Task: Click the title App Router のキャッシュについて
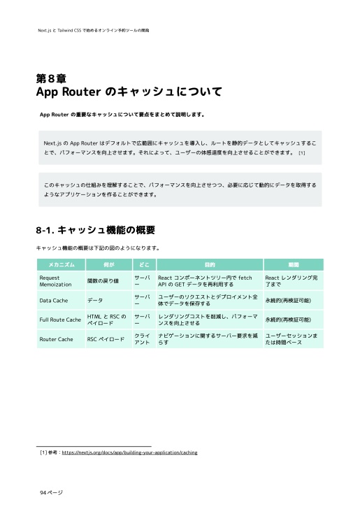point(129,92)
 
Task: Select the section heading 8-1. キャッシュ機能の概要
point(95,230)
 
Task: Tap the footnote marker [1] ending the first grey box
point(301,152)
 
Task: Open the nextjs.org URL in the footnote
point(129,452)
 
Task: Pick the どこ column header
point(144,265)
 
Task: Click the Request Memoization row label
point(56,281)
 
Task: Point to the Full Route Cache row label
point(60,320)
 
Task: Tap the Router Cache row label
point(57,339)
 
